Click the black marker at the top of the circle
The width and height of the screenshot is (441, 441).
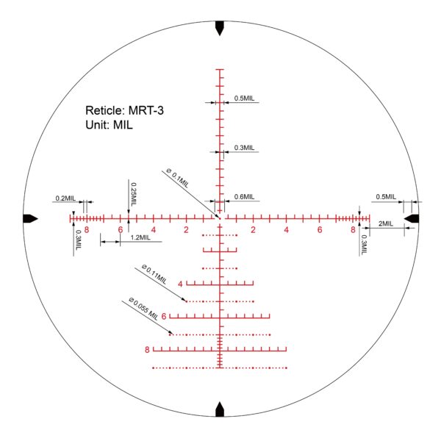(220, 28)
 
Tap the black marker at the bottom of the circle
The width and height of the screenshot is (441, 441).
(220, 409)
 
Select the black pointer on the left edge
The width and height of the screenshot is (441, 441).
(30, 218)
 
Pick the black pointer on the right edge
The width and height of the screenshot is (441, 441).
(411, 218)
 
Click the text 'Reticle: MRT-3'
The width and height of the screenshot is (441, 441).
(124, 110)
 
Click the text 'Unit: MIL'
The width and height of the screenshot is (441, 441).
(109, 125)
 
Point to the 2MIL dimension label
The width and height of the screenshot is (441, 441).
(386, 223)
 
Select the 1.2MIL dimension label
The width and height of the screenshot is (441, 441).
(140, 237)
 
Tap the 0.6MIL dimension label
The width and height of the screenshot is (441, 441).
(244, 196)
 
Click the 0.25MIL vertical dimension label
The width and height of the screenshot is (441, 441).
(134, 194)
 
